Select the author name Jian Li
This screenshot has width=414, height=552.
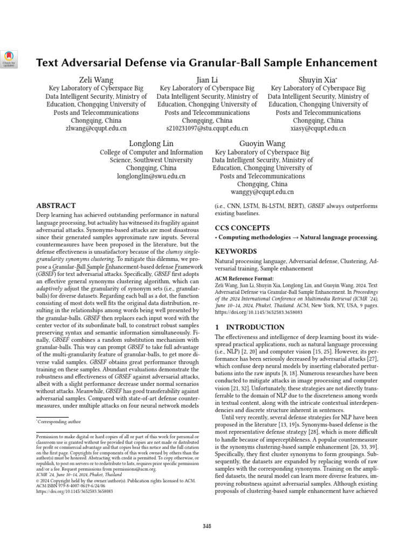[x=207, y=80]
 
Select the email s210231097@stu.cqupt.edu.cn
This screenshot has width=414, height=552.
[x=207, y=129]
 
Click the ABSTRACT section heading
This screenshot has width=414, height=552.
[x=56, y=206]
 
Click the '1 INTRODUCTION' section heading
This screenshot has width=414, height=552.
[x=250, y=327]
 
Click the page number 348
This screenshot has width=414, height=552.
[x=207, y=526]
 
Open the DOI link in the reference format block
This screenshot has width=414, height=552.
[x=259, y=312]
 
